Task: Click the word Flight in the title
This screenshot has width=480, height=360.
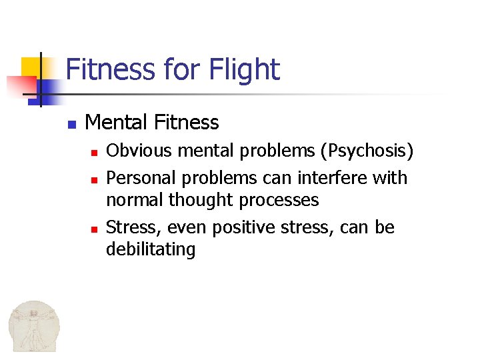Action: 244,69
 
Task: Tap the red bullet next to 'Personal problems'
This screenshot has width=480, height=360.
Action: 95,179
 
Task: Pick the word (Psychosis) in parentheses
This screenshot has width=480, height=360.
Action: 367,151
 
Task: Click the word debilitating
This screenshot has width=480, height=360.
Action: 151,250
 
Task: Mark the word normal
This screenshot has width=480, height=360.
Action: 135,199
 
